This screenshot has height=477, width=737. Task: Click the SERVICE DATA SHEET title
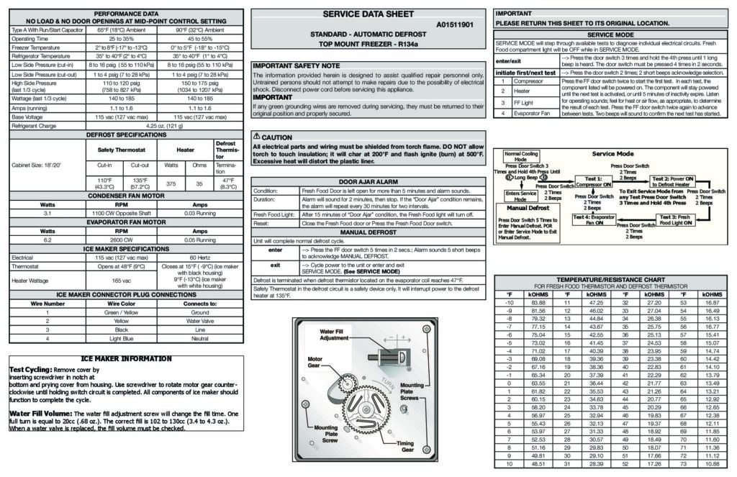[367, 14]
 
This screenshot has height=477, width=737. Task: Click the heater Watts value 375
[171, 183]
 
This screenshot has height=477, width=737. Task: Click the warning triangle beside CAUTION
[256, 137]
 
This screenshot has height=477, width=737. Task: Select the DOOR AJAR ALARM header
[367, 182]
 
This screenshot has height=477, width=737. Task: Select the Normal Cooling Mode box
[521, 157]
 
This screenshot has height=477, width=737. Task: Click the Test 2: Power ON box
[673, 181]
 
